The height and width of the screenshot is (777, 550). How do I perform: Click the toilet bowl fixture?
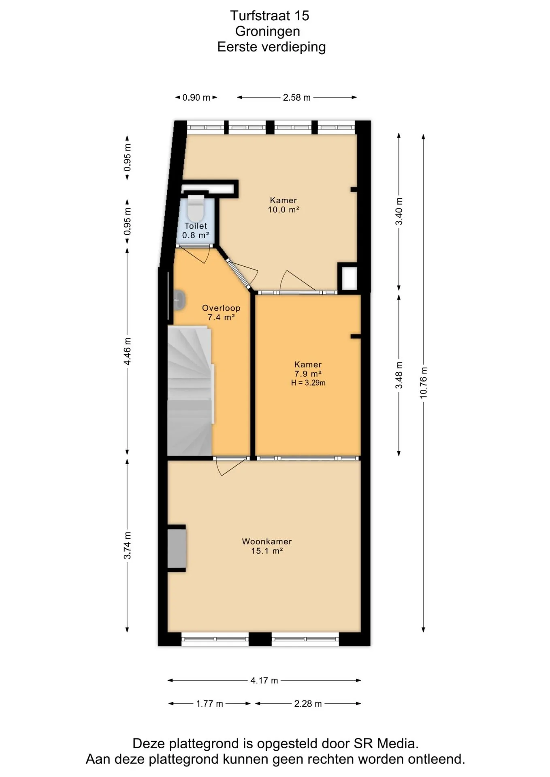coord(196,207)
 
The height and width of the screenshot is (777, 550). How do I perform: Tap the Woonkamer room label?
coord(267,541)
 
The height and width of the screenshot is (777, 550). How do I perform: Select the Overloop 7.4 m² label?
coord(221,313)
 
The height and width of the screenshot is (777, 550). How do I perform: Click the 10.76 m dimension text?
coord(424,382)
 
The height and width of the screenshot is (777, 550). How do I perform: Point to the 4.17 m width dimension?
coord(264,680)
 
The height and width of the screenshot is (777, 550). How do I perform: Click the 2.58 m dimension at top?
coord(297,98)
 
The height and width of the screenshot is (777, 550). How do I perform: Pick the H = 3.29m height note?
coord(308,383)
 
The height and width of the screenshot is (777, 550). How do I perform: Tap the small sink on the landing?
coord(179,300)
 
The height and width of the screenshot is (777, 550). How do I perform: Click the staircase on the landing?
coord(190,391)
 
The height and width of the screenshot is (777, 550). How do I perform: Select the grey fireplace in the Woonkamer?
coord(177,548)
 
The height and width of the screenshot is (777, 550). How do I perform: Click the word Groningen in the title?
coord(268,31)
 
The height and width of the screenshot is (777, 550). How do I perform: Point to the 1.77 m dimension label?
coord(210,704)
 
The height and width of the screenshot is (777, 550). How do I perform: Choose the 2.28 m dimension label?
coord(308,704)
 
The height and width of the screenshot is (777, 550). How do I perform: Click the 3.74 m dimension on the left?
coord(127,545)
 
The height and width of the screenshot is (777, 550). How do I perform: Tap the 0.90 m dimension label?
coord(196,98)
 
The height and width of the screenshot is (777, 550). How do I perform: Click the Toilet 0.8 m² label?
coord(196,231)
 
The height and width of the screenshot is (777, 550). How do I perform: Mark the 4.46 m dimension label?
coord(127,351)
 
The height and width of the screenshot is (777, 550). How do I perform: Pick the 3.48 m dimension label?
coord(399,375)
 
